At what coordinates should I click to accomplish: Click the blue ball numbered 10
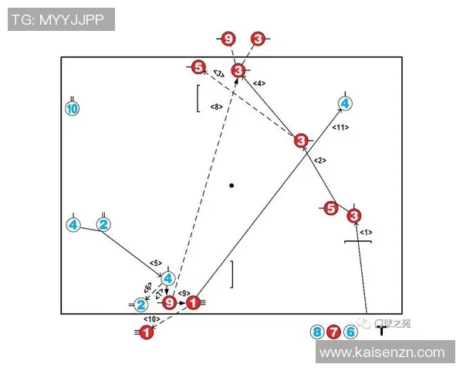point(72,109)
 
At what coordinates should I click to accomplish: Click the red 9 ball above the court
point(228,39)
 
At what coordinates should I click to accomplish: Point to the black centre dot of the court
point(231,185)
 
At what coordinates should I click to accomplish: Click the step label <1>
point(366,231)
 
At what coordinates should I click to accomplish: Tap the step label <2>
point(320,160)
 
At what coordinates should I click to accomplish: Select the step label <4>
point(259,83)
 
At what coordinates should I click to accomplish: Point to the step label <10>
point(151,318)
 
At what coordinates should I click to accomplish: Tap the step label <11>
point(340,127)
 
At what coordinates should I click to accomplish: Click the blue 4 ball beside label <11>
point(345,103)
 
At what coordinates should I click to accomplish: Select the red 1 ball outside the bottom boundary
point(146,332)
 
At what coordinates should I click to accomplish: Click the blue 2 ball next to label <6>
point(140,305)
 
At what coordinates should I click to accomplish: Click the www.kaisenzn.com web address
point(382,352)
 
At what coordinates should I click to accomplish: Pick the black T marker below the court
point(381,331)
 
